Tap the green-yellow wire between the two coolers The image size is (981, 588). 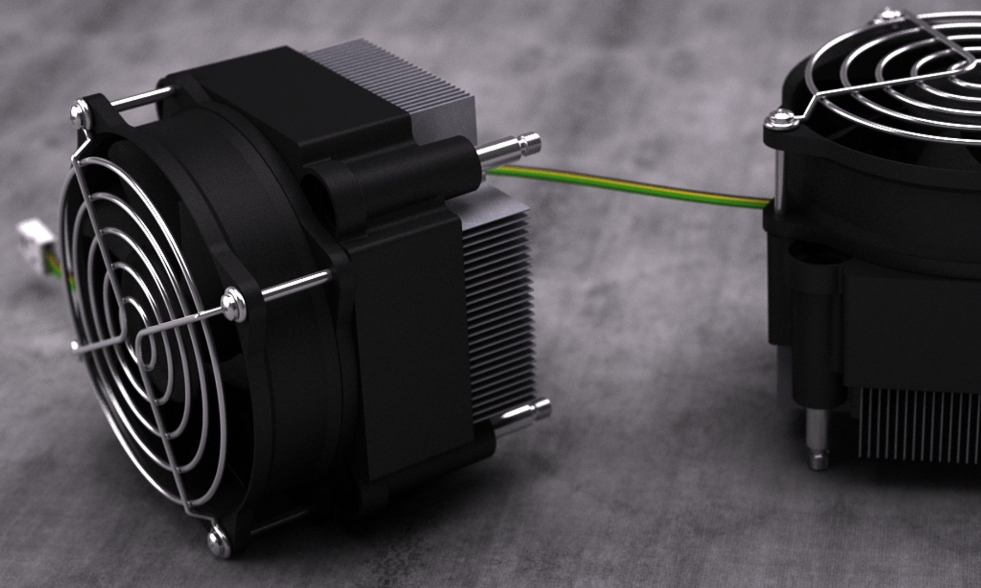coord(626,187)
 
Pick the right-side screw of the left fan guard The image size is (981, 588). coord(233,304)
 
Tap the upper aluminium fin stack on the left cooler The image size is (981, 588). coord(398,76)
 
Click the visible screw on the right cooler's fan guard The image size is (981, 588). coord(781,119)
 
